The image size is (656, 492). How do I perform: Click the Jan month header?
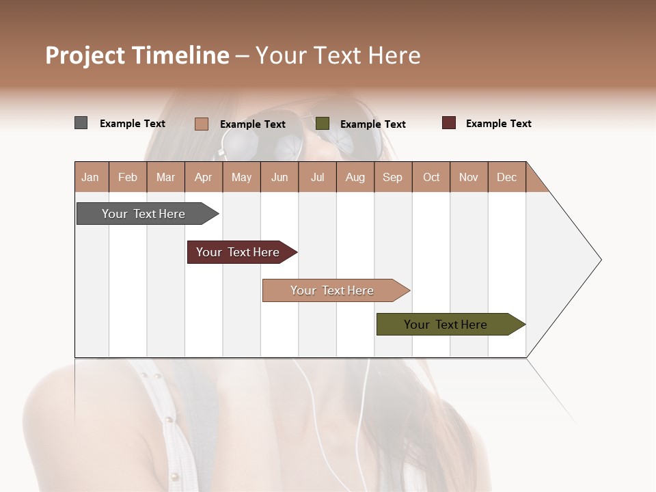pos(90,177)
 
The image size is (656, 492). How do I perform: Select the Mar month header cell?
pos(165,177)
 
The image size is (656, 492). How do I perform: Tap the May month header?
pos(241,177)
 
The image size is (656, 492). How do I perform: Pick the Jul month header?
pos(317,177)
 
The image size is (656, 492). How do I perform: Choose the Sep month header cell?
pos(392,177)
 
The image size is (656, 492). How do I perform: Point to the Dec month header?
pos(506,177)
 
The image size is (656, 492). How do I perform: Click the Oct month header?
pos(431,177)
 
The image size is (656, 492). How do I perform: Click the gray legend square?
pos(81,123)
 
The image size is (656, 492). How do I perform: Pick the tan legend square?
pos(202,124)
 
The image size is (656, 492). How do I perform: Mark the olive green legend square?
pos(323,123)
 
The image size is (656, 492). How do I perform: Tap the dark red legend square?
pos(449,123)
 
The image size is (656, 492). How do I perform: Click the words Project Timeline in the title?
pos(137,55)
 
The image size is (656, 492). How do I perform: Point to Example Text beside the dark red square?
pos(498,124)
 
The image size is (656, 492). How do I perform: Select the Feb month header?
pos(128,177)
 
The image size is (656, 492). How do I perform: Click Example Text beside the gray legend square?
pos(133,124)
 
